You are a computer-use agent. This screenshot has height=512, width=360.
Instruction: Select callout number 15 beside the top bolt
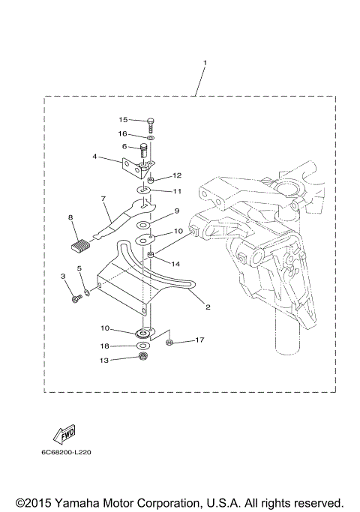(123, 120)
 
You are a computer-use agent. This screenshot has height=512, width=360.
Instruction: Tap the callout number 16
(123, 133)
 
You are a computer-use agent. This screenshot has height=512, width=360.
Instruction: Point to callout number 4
(95, 157)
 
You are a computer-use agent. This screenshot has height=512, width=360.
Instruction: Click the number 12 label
(177, 176)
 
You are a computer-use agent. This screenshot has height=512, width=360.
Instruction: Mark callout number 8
(70, 217)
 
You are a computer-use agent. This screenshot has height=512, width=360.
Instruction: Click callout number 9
(178, 211)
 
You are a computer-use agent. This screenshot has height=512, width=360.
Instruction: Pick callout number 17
(199, 340)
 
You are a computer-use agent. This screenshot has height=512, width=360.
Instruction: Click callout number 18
(105, 346)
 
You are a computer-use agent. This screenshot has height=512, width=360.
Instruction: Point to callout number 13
(104, 361)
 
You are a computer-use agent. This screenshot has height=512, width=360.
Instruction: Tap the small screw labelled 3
(75, 300)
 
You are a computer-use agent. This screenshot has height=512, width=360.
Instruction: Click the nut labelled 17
(169, 343)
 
